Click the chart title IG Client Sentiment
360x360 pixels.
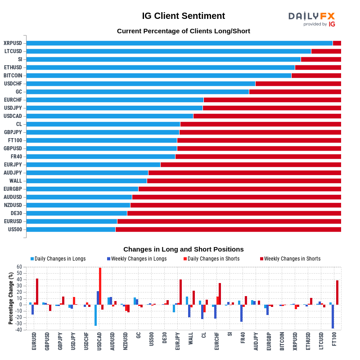[184, 16]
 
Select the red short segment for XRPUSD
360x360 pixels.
[337, 43]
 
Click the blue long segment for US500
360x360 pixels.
[71, 229]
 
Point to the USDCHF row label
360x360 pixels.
[13, 84]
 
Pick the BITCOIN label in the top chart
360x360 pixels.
[13, 76]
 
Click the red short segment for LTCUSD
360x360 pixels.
[326, 51]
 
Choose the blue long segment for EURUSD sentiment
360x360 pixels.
[72, 221]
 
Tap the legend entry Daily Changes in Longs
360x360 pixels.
[58, 259]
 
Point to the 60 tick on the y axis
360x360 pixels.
[19, 267]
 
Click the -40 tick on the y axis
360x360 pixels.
[18, 330]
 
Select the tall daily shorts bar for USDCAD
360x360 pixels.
[100, 286]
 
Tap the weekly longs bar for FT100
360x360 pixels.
[333, 316]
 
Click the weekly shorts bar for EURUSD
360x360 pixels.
[37, 292]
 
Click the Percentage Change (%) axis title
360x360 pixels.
[11, 298]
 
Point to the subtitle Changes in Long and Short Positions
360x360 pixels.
[184, 249]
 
